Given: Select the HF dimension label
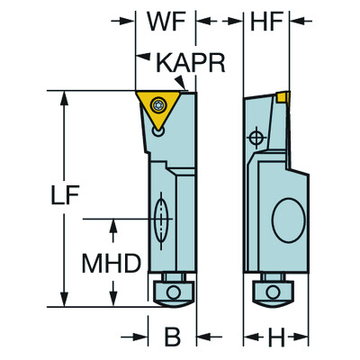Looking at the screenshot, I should (x=265, y=20).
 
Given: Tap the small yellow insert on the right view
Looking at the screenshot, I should (x=283, y=95).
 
